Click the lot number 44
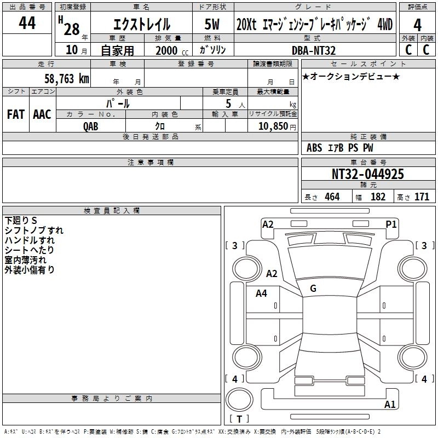(x=27, y=24)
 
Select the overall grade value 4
(x=417, y=25)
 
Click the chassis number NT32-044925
(x=368, y=174)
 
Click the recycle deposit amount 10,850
(x=272, y=126)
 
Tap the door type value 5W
(x=212, y=25)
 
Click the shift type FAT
(x=15, y=114)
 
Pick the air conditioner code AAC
(x=42, y=114)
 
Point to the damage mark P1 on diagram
(x=391, y=224)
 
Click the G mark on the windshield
(x=313, y=289)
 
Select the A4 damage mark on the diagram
(x=262, y=293)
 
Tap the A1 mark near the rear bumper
(x=390, y=405)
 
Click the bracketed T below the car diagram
(x=239, y=419)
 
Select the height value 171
(x=421, y=197)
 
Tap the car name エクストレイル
(x=141, y=25)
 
